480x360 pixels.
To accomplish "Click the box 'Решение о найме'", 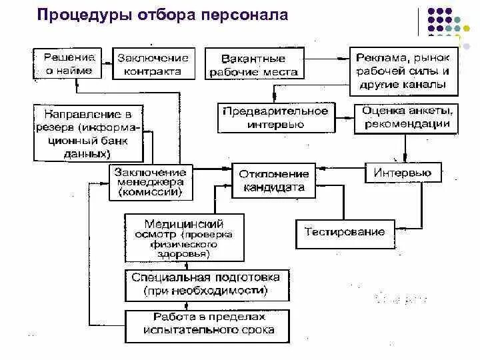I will [69, 63].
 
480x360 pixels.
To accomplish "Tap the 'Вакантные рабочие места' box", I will [253, 65].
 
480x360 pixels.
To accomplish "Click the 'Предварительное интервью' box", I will [275, 117].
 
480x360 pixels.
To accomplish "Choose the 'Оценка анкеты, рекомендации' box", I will [407, 117].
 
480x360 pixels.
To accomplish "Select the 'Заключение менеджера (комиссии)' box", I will [151, 182].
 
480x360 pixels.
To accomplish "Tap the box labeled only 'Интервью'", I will [402, 173].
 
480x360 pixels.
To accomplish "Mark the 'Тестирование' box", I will [345, 232].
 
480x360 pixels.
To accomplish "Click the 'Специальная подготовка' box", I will [205, 284].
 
